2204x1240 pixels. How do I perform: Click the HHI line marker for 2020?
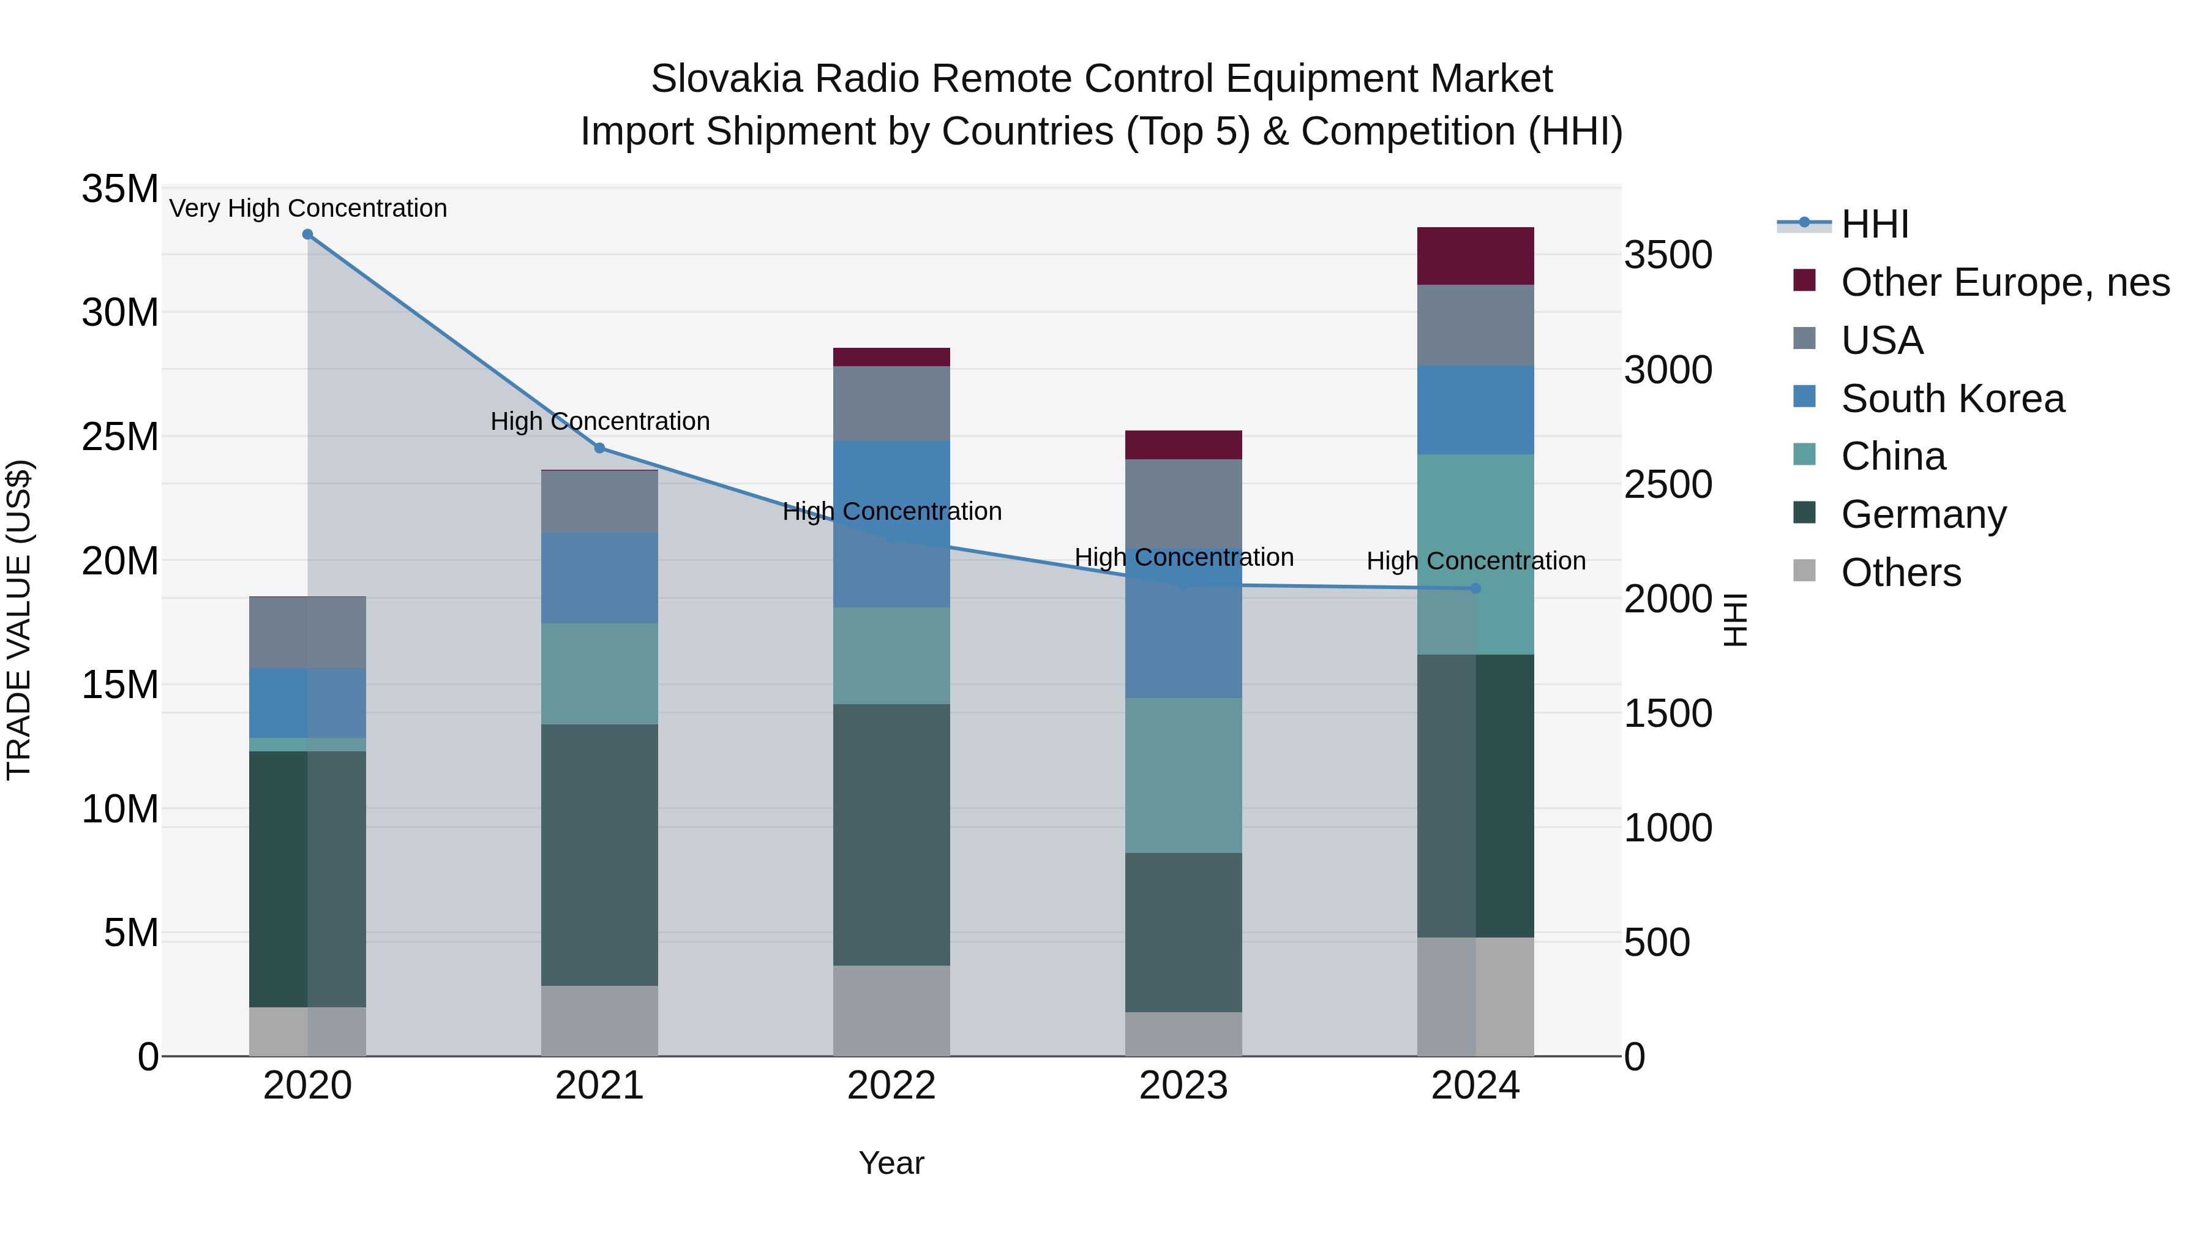(x=307, y=235)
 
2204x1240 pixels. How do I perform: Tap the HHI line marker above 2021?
(x=600, y=448)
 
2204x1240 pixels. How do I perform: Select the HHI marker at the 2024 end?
(x=1475, y=588)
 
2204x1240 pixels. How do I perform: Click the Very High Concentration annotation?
(x=308, y=209)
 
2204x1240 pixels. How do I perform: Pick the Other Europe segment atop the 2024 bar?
(x=1475, y=256)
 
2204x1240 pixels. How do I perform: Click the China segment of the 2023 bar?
(x=1183, y=775)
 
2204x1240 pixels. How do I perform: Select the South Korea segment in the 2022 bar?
(x=891, y=524)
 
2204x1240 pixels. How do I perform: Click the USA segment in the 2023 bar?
(x=1183, y=504)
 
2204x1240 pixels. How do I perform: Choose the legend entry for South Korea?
(x=1952, y=399)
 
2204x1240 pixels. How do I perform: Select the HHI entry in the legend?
(x=1874, y=224)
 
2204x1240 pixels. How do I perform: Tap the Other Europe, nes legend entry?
(x=2004, y=282)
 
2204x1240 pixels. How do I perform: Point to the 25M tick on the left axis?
(x=120, y=437)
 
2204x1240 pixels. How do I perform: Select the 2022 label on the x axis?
(x=891, y=1086)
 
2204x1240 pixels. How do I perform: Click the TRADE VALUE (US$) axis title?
(x=19, y=620)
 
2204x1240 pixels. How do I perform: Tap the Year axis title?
(x=891, y=1163)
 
